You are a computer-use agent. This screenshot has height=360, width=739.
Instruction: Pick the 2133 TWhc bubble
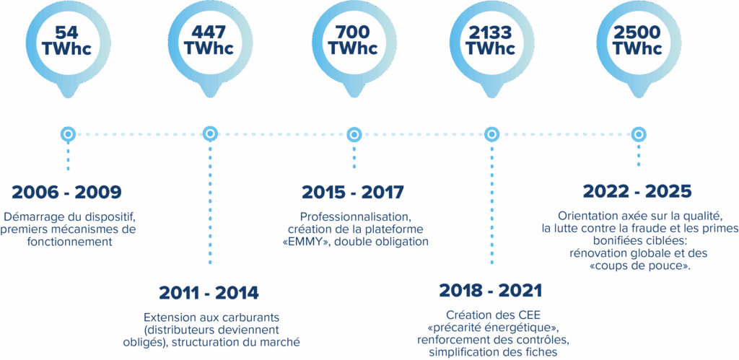[491, 40]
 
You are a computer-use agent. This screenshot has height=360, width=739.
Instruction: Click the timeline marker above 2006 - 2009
[68, 134]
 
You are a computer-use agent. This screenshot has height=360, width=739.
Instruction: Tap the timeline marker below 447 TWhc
[210, 134]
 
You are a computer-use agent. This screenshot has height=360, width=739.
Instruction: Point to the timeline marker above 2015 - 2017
[354, 134]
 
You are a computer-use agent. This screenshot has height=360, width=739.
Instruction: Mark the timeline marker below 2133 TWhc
[491, 134]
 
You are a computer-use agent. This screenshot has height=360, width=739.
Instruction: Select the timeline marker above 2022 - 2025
[638, 134]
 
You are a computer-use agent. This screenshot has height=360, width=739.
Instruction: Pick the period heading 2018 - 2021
[491, 291]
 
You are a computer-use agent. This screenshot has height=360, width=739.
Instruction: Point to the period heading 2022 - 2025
[637, 191]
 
